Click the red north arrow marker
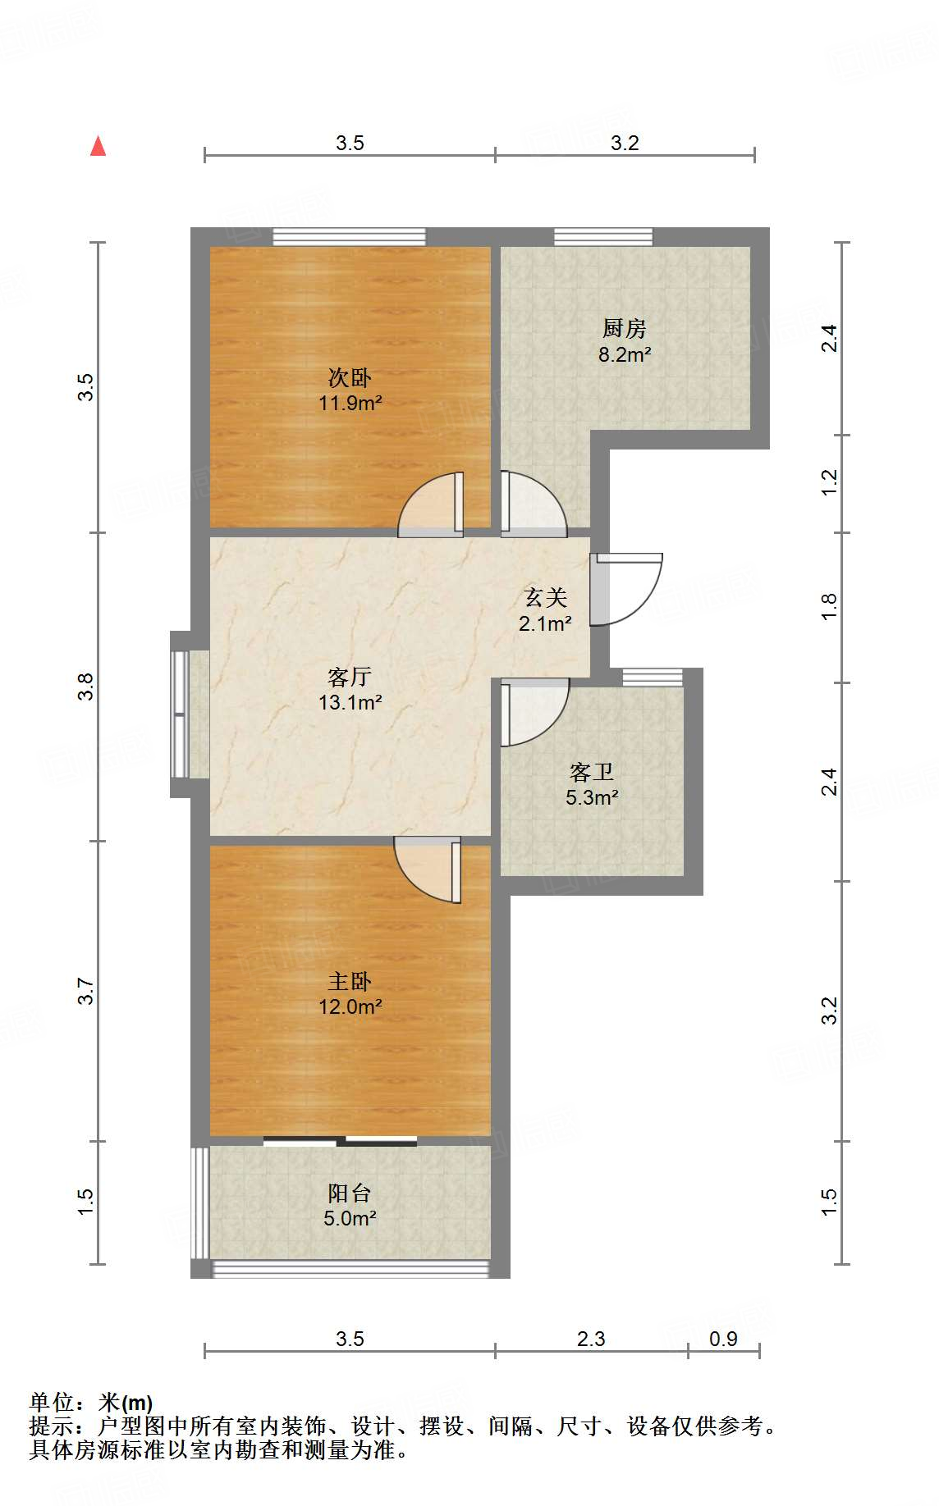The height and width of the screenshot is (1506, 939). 98,146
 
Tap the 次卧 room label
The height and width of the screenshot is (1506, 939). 350,377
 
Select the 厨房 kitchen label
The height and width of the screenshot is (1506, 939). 625,329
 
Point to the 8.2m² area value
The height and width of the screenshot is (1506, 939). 625,354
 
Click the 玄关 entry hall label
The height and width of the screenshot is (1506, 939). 546,597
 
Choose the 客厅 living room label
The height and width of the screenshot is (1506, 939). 350,677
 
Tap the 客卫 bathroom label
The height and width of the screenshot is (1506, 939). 592,772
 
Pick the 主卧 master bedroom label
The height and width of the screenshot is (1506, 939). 350,981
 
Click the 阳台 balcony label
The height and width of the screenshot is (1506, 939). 350,1193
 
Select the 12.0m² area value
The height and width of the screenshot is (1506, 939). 350,1006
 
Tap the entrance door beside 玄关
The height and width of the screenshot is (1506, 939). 625,588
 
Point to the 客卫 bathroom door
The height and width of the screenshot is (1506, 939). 534,712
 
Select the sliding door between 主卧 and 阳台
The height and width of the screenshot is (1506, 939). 340,1140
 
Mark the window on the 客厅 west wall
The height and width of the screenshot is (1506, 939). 180,714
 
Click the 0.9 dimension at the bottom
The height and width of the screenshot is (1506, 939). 723,1339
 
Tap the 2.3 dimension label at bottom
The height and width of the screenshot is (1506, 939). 591,1339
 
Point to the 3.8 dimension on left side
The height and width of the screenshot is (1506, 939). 86,686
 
